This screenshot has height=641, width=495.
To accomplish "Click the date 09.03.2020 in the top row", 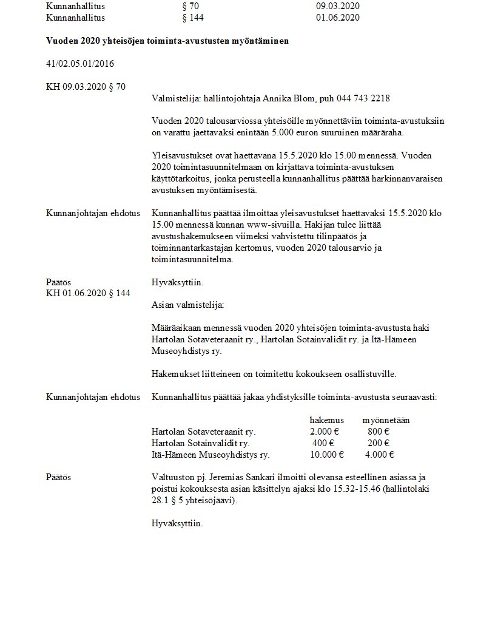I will pyautogui.click(x=338, y=7).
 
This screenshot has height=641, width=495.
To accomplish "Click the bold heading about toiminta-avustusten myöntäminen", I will pyautogui.click(x=167, y=41).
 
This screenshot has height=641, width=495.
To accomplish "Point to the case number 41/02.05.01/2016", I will pyautogui.click(x=80, y=64).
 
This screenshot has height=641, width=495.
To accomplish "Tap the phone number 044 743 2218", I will pyautogui.click(x=363, y=98).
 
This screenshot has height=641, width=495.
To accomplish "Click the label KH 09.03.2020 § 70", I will pyautogui.click(x=86, y=87).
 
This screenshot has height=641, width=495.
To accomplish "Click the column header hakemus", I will pyautogui.click(x=326, y=420).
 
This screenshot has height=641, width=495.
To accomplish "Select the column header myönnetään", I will pyautogui.click(x=386, y=420).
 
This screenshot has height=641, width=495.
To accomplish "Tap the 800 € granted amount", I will pyautogui.click(x=379, y=432).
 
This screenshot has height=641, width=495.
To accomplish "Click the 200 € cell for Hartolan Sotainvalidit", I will pyautogui.click(x=379, y=443).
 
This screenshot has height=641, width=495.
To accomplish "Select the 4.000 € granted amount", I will pyautogui.click(x=380, y=455).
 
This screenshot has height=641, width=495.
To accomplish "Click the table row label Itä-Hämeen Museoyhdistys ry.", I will pyautogui.click(x=210, y=455).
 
